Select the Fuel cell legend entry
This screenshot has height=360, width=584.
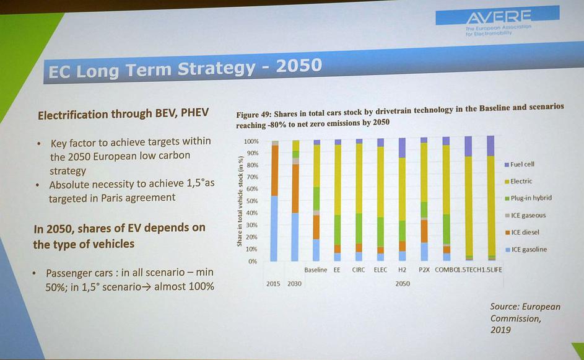522,165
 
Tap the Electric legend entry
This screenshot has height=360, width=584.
521,182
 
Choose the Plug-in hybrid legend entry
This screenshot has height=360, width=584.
530,198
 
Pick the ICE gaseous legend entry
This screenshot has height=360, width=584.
528,216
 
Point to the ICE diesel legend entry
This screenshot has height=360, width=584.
525,232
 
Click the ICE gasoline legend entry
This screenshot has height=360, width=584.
528,250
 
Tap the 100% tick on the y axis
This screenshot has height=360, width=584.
251,142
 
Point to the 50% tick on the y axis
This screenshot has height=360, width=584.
252,201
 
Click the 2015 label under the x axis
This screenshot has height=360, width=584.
273,283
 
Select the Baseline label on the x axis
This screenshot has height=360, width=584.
315,270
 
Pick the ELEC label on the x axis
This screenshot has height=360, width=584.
380,270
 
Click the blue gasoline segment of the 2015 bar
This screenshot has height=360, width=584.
274,228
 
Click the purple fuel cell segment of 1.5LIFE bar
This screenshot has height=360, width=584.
490,146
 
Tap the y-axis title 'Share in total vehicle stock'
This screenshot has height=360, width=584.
239,201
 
